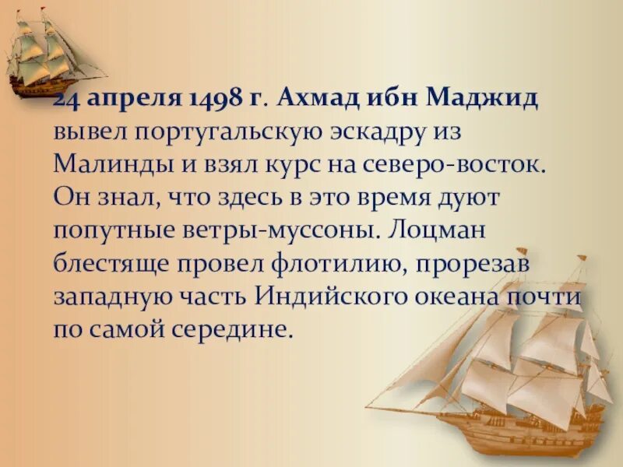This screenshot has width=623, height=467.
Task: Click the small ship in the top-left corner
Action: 51,54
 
